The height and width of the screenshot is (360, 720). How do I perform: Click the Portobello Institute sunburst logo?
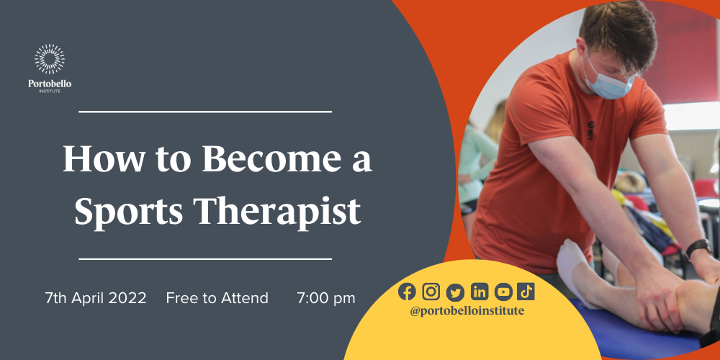pos(50,60)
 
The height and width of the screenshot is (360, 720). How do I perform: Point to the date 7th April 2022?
pos(96,297)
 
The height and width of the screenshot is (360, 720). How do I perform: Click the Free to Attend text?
pos(217,297)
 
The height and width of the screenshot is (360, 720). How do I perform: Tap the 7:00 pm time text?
pos(326,297)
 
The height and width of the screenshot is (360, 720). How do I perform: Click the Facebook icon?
pos(408,291)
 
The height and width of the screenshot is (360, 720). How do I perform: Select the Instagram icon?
pos(431,291)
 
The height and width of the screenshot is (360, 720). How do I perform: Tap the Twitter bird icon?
pos(455,291)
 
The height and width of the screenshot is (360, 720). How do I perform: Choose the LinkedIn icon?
pos(479,291)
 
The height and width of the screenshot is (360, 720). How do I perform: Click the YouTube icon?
pos(503,291)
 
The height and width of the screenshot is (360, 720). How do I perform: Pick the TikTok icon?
pos(526,291)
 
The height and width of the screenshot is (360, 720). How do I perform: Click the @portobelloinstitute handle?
pos(467,310)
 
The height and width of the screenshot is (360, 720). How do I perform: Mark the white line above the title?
pos(205,112)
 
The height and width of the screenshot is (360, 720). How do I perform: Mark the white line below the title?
pos(205,258)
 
